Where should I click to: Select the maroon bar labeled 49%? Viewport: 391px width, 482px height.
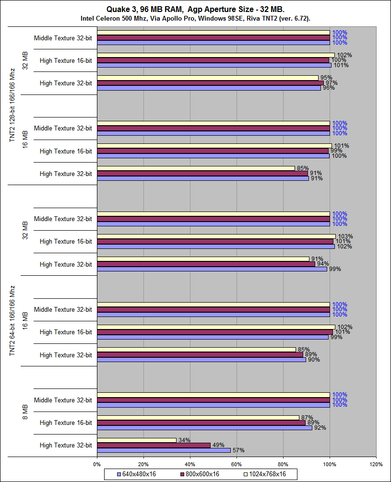[154, 445]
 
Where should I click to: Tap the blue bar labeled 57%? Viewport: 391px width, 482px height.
[164, 450]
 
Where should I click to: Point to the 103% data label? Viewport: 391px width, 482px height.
[345, 236]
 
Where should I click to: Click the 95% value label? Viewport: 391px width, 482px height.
[326, 78]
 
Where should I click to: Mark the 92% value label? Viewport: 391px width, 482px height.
[320, 428]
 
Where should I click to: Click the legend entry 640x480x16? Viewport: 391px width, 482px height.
[136, 474]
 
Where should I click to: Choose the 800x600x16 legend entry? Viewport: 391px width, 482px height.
[199, 474]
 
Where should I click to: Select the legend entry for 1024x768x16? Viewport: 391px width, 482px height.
[264, 474]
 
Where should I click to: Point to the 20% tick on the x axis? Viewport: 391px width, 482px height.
[143, 464]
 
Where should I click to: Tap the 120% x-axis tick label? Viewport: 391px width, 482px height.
[376, 464]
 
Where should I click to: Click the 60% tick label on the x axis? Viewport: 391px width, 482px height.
[237, 464]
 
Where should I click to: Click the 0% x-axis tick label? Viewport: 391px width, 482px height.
[97, 464]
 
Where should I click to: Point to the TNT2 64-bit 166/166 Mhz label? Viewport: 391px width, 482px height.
[12, 320]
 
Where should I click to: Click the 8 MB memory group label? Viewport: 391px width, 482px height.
[25, 411]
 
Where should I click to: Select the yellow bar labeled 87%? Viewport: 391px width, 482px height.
[198, 418]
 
